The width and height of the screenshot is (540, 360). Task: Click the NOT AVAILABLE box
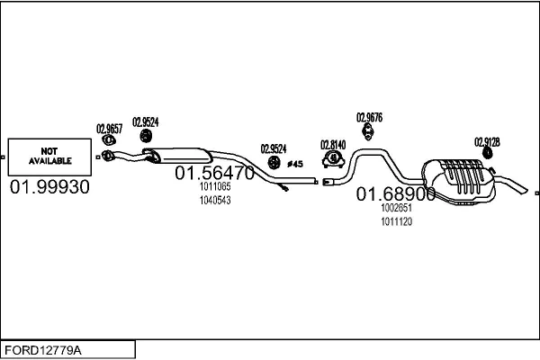pyautogui.click(x=49, y=157)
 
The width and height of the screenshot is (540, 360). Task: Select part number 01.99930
pyautogui.click(x=49, y=187)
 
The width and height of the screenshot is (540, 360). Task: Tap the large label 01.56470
pyautogui.click(x=214, y=173)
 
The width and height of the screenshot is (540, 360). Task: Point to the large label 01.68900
pyautogui.click(x=396, y=194)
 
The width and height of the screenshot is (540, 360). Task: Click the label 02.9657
pyautogui.click(x=109, y=129)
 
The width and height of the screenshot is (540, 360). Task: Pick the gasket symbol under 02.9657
pyautogui.click(x=109, y=139)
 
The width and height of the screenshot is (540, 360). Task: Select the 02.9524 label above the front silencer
pyautogui.click(x=145, y=122)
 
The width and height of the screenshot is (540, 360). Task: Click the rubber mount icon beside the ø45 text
pyautogui.click(x=274, y=163)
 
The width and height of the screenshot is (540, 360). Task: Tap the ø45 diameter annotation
pyautogui.click(x=295, y=164)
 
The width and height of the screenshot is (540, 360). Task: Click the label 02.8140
pyautogui.click(x=333, y=145)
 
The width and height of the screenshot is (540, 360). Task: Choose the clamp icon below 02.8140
pyautogui.click(x=333, y=159)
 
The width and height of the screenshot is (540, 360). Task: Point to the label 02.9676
pyautogui.click(x=369, y=118)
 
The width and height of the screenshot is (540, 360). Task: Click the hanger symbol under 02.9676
pyautogui.click(x=368, y=132)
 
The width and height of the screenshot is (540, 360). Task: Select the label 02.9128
pyautogui.click(x=487, y=142)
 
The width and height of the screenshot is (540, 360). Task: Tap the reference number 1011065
pyautogui.click(x=215, y=186)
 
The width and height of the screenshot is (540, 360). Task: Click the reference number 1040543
pyautogui.click(x=215, y=200)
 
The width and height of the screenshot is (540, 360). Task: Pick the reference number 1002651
pyautogui.click(x=396, y=208)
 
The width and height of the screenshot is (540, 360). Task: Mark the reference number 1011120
pyautogui.click(x=396, y=221)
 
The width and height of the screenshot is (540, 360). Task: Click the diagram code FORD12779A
pyautogui.click(x=43, y=350)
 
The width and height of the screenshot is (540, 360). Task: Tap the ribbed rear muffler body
pyautogui.click(x=459, y=181)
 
